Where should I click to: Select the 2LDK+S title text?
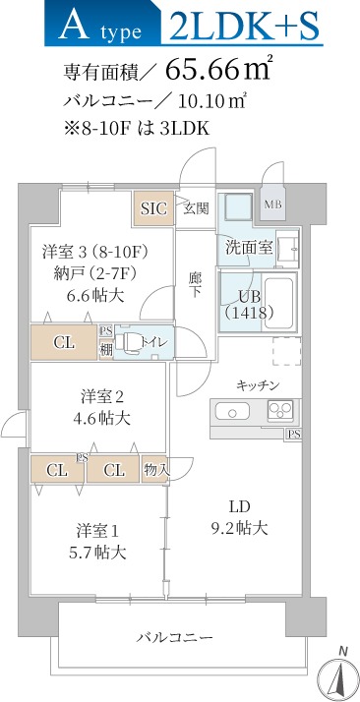point(245,27)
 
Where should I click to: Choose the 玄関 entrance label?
point(195,208)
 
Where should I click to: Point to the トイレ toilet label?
point(153,342)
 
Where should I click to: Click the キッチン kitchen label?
point(258,384)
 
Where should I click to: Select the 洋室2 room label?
point(103,396)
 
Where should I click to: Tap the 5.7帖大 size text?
point(98,552)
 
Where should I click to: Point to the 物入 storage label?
point(155,470)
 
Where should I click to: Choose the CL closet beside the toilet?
point(63,343)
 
